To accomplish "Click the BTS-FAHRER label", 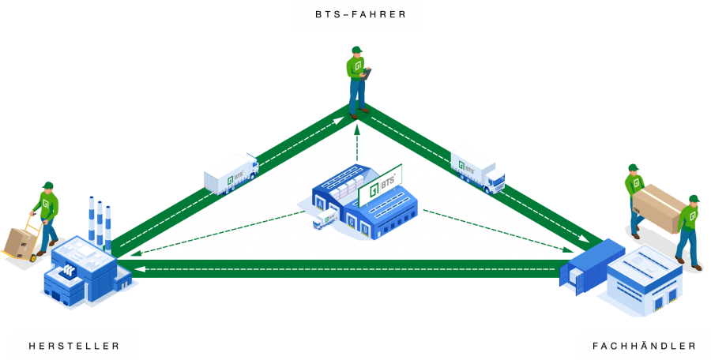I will click(359, 14).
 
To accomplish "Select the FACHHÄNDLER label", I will click(645, 346).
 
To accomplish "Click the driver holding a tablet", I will click(358, 79).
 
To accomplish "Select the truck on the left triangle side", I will click(231, 173).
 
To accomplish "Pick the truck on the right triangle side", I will click(477, 168).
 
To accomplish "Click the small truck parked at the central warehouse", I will click(325, 220).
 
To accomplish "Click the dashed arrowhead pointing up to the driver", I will click(356, 128).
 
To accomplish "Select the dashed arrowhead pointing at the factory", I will click(135, 254).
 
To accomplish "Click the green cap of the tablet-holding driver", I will click(356, 50).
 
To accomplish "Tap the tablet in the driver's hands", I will click(367, 72).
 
